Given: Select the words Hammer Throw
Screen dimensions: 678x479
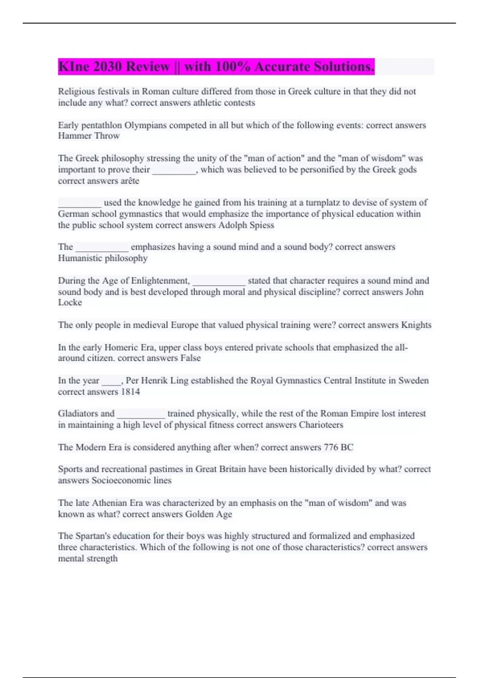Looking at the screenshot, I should click(89, 136).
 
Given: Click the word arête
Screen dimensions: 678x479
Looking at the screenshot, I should click(130, 181).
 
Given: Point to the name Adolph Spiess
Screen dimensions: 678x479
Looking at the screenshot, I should click(246, 225).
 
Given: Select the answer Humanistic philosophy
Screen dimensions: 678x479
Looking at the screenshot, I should click(103, 258).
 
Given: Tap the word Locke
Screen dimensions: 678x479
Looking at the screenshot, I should click(70, 303).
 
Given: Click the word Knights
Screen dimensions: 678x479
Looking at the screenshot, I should click(416, 325).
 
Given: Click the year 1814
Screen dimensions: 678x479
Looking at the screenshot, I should click(130, 392).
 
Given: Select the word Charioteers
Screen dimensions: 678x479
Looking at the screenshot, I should click(321, 425).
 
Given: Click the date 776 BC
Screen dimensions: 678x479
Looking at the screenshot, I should click(338, 447).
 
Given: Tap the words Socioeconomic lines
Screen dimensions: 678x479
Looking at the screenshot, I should click(131, 481).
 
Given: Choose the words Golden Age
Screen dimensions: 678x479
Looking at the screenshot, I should click(208, 514).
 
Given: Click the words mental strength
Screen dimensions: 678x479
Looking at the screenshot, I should click(88, 559).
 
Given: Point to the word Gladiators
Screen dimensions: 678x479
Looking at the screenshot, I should click(77, 414).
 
